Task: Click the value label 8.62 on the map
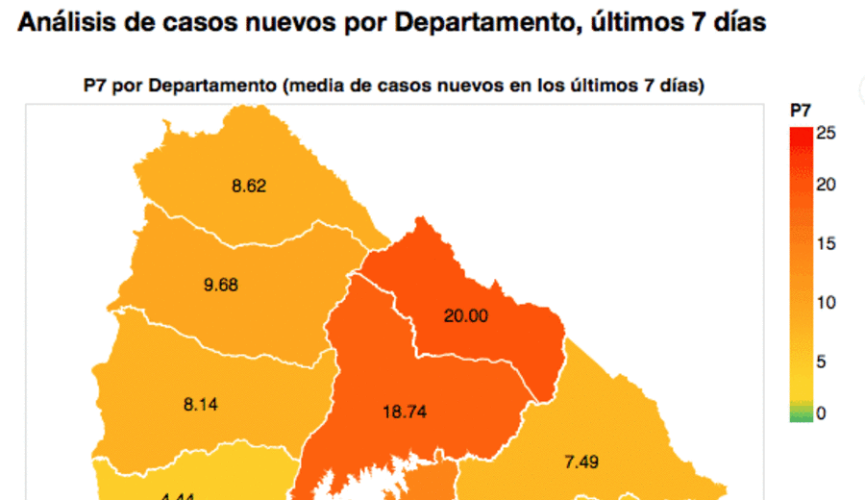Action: (249, 187)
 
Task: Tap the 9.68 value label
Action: (221, 285)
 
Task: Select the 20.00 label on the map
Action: (465, 315)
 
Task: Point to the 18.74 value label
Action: (404, 412)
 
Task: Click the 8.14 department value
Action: (201, 405)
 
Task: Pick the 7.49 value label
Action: (581, 462)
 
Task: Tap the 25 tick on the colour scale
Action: (826, 134)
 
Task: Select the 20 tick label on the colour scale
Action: (826, 185)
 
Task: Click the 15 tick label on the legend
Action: (826, 244)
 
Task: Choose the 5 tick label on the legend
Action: (822, 362)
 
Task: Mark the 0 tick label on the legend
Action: (821, 413)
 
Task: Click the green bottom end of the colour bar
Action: (799, 416)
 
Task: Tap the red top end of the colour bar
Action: (799, 133)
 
